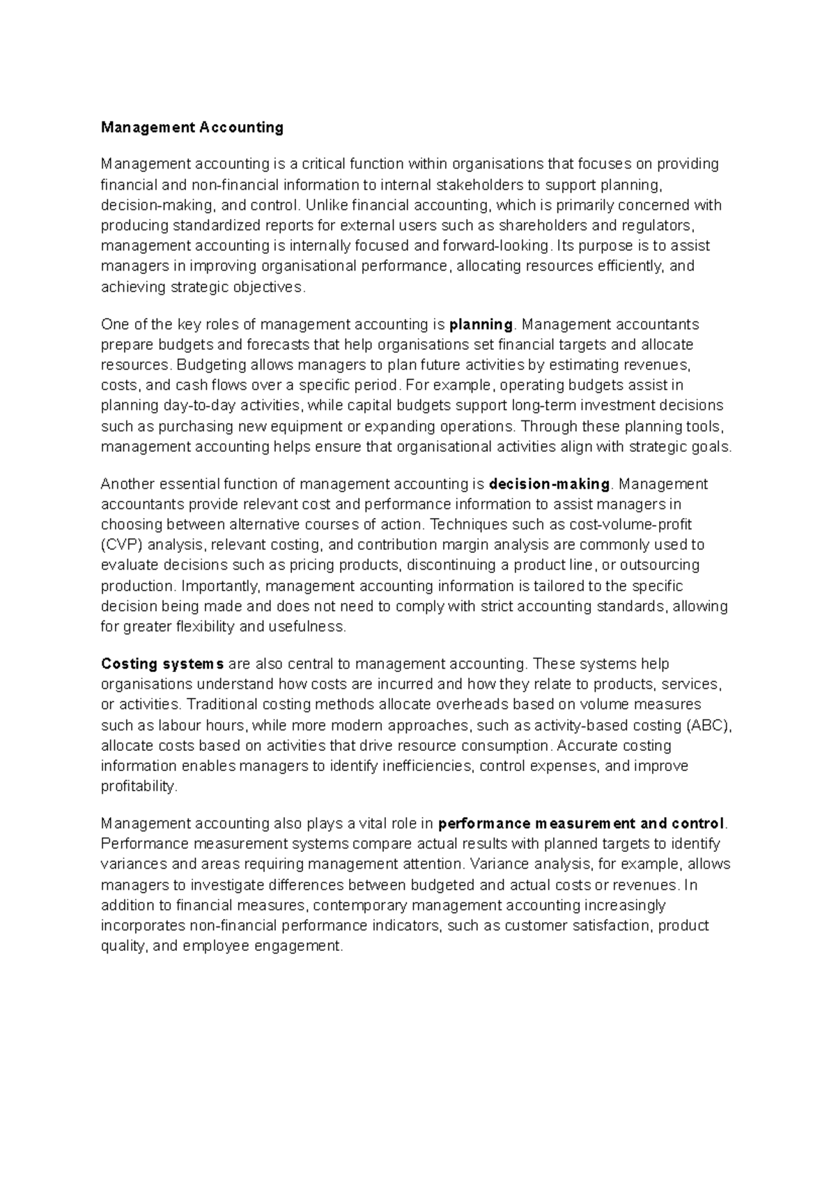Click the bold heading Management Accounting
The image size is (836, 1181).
pos(192,127)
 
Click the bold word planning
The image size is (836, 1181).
pos(481,324)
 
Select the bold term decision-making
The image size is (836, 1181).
pos(550,484)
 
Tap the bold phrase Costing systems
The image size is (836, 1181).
pos(162,664)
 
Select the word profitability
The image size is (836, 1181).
pos(139,786)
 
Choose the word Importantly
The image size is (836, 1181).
pos(219,586)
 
